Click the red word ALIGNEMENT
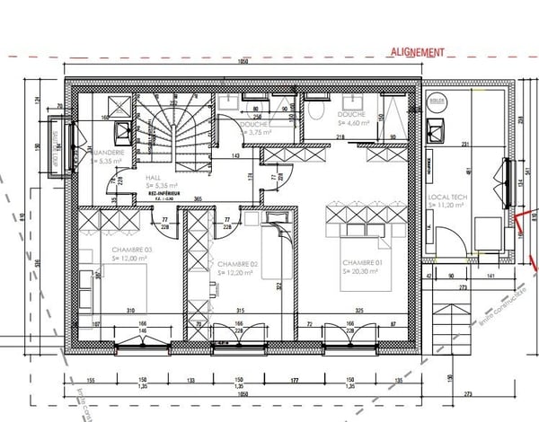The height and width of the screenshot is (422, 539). (x=417, y=52)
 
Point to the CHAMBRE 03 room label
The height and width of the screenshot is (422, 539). (x=132, y=249)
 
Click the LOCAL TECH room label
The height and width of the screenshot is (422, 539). (x=446, y=195)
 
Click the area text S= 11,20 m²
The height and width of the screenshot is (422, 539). (x=447, y=206)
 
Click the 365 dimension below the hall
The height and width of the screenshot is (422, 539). (x=197, y=198)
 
